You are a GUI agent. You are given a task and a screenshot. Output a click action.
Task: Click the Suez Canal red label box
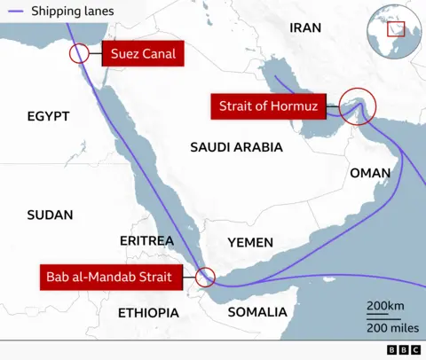point(142,54)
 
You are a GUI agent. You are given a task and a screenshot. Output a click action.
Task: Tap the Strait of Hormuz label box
point(267,107)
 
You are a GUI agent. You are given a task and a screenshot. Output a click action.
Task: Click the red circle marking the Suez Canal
point(79,53)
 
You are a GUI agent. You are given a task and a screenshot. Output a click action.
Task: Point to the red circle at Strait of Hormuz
point(357,108)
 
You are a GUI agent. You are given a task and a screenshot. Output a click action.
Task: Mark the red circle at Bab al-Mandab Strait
point(206,277)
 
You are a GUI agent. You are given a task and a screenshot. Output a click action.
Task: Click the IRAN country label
point(305,27)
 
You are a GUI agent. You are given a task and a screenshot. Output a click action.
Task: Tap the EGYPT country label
point(48,116)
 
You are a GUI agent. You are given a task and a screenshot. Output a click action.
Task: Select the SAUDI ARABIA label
point(236,147)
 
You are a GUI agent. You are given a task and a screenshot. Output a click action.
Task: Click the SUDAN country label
point(50,215)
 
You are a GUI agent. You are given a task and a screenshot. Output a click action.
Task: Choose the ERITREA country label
point(146,241)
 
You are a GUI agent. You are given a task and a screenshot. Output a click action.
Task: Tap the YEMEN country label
point(250,242)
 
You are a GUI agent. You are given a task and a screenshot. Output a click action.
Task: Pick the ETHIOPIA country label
point(148,313)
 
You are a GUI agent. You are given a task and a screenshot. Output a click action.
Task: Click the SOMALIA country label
point(257,312)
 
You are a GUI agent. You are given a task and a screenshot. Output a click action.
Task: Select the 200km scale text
point(385,306)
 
